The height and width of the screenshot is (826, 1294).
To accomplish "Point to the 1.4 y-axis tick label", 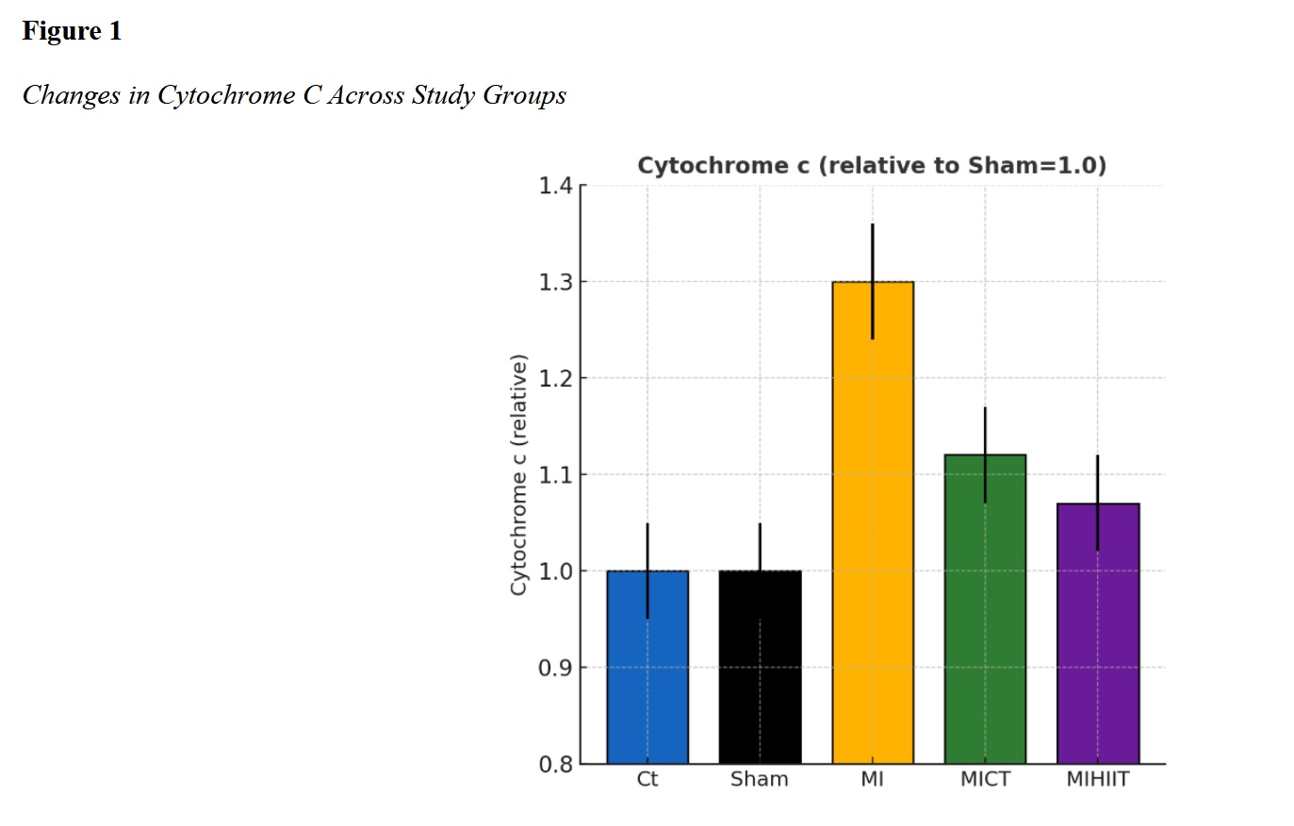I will click(x=555, y=186).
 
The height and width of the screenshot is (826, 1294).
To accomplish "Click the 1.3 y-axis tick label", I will click(x=555, y=282).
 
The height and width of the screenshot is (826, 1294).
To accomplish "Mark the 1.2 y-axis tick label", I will click(x=555, y=378).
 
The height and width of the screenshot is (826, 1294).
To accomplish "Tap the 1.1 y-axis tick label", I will click(x=555, y=474).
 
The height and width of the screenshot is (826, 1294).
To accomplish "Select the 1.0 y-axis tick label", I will click(x=555, y=571).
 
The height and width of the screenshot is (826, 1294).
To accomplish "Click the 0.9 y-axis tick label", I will click(x=555, y=668).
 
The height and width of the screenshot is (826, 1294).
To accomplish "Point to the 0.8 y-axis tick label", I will click(x=555, y=764).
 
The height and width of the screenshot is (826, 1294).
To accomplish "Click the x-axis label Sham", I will click(x=760, y=780).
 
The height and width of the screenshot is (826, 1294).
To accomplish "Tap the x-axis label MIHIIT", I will click(x=1098, y=780).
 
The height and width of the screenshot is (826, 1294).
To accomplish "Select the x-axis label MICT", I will click(x=985, y=780).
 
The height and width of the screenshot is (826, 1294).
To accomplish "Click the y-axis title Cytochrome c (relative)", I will click(x=518, y=474).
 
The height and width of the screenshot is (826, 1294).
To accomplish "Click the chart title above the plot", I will click(x=872, y=166).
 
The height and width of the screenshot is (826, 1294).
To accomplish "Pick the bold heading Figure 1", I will click(x=72, y=31).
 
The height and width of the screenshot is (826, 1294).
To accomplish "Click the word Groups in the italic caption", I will click(x=524, y=95).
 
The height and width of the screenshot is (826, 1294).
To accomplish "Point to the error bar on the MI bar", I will click(x=873, y=255).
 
